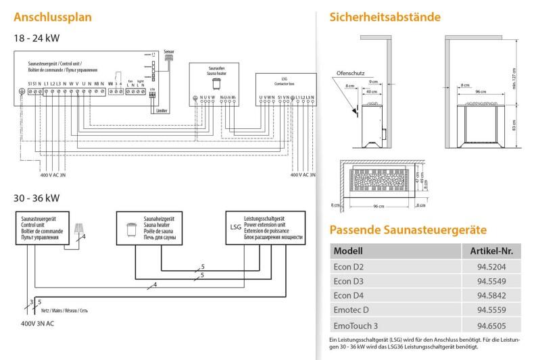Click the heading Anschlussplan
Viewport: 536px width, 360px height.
51,16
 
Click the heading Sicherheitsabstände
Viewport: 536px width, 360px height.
383,16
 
